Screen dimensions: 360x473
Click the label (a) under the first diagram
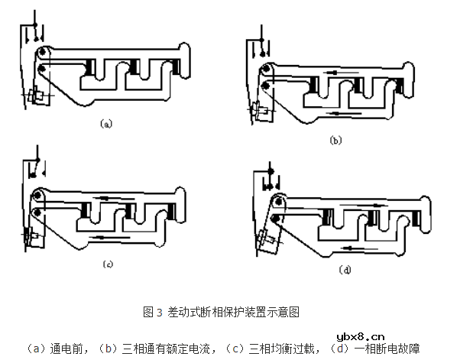tap(106, 123)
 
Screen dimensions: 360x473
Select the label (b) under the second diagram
tap(335, 140)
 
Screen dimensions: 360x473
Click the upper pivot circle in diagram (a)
tap(43, 53)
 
